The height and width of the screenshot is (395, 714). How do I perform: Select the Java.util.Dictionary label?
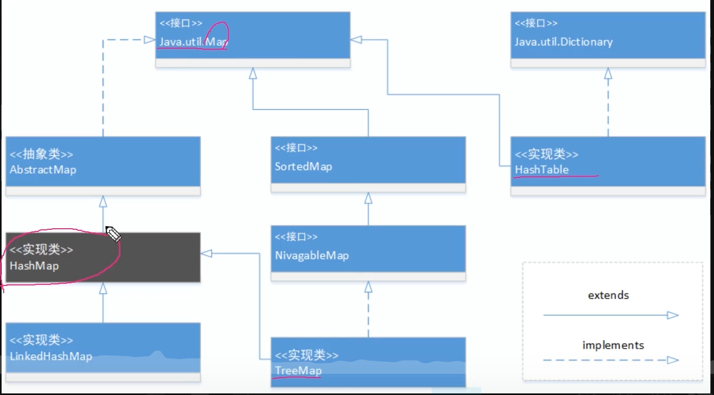pos(564,42)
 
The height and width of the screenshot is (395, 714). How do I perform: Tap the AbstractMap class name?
pos(43,170)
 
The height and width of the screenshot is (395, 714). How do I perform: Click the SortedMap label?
pos(304,167)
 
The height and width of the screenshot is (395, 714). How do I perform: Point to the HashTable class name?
pos(542,170)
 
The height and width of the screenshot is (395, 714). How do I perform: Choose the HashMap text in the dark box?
pos(34,266)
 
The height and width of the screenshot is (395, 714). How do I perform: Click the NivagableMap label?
pos(312,256)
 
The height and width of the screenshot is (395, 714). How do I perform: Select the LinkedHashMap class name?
pos(51,356)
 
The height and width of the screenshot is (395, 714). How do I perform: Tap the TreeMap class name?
pos(298,371)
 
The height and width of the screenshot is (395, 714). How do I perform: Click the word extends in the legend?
pos(609,295)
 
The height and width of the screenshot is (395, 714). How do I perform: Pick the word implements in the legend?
pos(613,346)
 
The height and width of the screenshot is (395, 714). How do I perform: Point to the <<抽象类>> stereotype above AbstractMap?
pos(41,155)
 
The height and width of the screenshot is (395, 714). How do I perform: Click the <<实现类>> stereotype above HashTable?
pos(547,154)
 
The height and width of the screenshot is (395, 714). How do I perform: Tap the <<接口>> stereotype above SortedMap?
pos(296,148)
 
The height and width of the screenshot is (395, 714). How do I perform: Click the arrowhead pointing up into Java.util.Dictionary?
pos(608,74)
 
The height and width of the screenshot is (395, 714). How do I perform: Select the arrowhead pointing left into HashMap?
pos(206,254)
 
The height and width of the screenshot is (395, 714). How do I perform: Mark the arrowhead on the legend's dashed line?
pos(673,360)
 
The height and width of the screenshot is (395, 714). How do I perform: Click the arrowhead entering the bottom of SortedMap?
pos(368,199)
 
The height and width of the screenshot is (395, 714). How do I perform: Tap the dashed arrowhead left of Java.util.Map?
pos(150,39)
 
